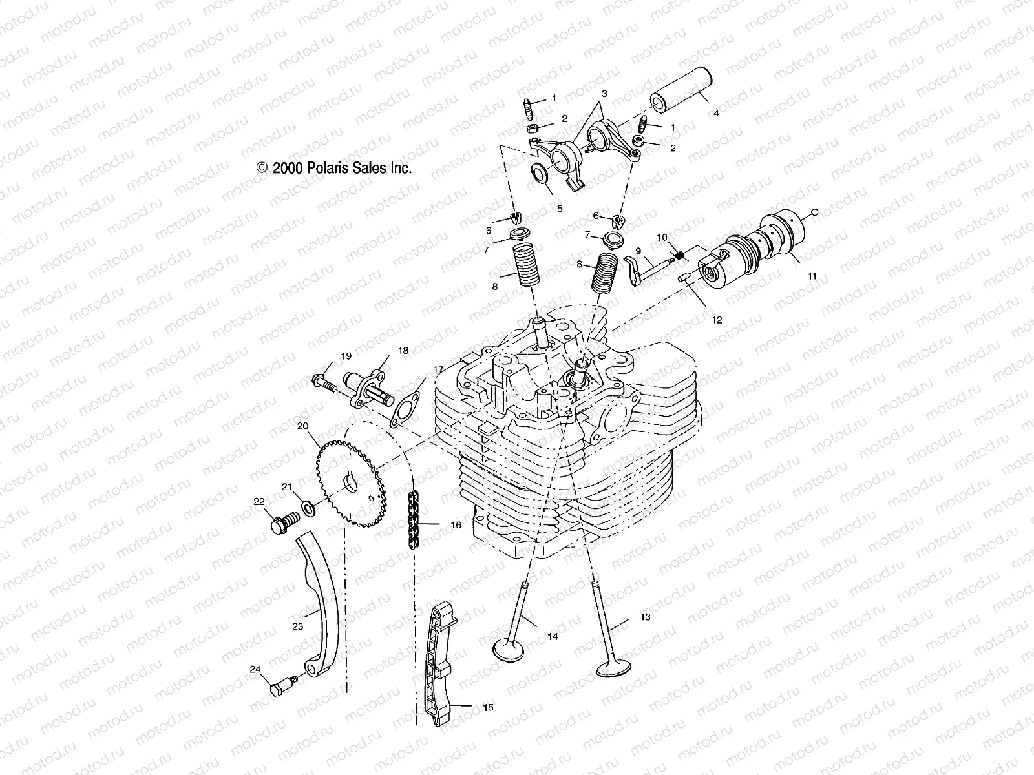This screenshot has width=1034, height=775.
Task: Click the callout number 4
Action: click(x=715, y=112)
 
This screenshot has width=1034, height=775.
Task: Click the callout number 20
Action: click(x=302, y=426)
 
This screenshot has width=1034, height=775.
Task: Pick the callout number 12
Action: click(x=717, y=320)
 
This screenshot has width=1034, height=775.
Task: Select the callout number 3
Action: click(x=604, y=94)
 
